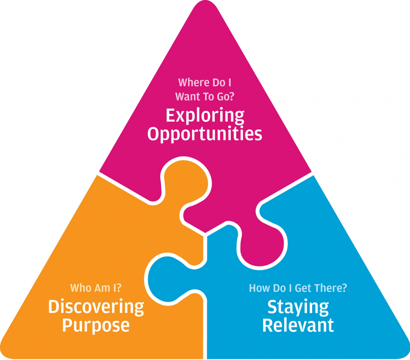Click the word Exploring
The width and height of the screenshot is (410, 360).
click(x=205, y=116)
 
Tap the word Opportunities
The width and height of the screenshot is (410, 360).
click(x=205, y=134)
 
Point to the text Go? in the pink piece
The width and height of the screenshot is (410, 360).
click(x=225, y=97)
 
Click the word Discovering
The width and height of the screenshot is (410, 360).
click(x=96, y=307)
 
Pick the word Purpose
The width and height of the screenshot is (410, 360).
click(x=96, y=325)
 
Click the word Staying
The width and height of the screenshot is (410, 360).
click(x=298, y=307)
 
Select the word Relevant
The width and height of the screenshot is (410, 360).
click(x=298, y=325)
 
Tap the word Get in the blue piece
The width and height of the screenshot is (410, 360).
click(x=303, y=288)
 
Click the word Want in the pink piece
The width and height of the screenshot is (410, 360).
click(x=188, y=97)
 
